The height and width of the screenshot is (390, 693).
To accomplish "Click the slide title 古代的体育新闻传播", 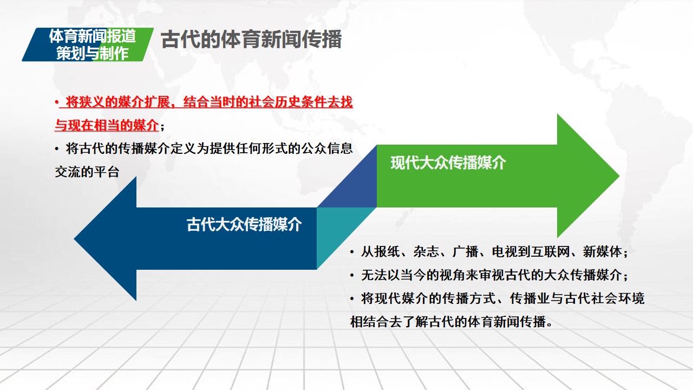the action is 251,40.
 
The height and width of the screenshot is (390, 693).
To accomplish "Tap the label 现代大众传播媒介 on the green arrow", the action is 448,163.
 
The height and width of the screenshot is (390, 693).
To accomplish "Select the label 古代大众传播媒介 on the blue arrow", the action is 244,224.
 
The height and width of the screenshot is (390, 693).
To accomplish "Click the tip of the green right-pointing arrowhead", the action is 619,176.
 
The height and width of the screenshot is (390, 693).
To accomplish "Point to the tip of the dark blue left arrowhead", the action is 74,239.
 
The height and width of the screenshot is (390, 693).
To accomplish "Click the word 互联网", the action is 551,251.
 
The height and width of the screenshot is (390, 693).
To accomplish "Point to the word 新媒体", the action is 603,251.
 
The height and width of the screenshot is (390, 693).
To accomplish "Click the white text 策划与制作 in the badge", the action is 92,53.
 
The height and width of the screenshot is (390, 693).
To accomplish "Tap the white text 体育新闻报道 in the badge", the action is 92,36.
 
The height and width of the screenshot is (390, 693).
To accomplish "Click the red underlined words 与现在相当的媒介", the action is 107,125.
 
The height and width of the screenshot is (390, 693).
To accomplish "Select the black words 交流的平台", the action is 87,172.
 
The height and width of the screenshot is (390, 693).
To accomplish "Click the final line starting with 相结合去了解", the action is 452,322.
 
